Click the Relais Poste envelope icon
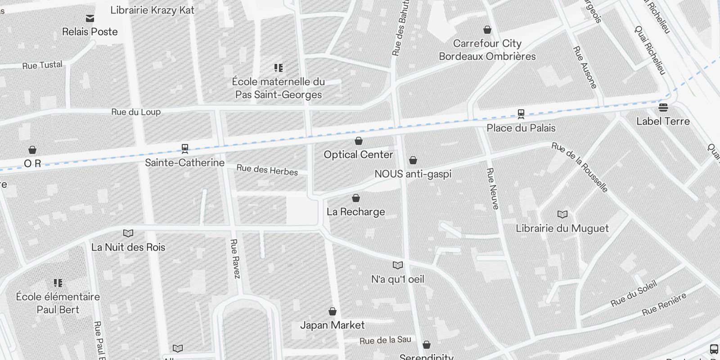[90, 18]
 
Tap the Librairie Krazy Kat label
[152, 10]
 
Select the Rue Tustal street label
[42, 65]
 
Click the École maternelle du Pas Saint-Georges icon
[279, 68]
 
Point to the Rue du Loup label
[136, 112]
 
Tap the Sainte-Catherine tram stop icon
[184, 148]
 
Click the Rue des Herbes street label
[267, 170]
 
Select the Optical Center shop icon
[359, 141]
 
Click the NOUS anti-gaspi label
[413, 174]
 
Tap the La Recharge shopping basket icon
[356, 198]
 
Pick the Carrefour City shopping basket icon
[487, 30]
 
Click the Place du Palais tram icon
[521, 114]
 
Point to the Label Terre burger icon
[663, 108]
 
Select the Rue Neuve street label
[493, 189]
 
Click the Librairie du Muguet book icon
[562, 214]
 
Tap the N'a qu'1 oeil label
[397, 279]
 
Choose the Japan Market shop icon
[333, 311]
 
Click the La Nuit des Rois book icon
[128, 233]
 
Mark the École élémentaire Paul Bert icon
[58, 283]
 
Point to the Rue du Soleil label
[634, 293]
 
